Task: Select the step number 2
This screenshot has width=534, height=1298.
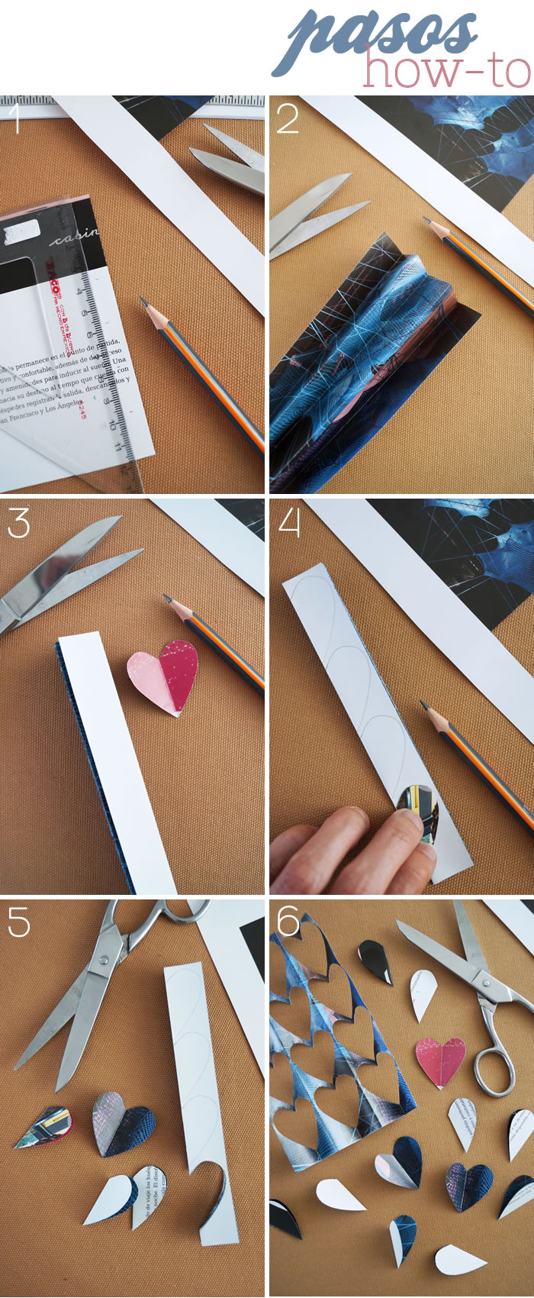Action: coord(287,118)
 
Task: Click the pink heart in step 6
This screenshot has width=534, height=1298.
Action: coord(440,1062)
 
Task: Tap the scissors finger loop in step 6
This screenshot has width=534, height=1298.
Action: coord(492,1069)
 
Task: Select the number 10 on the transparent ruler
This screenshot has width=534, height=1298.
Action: coord(113,422)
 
